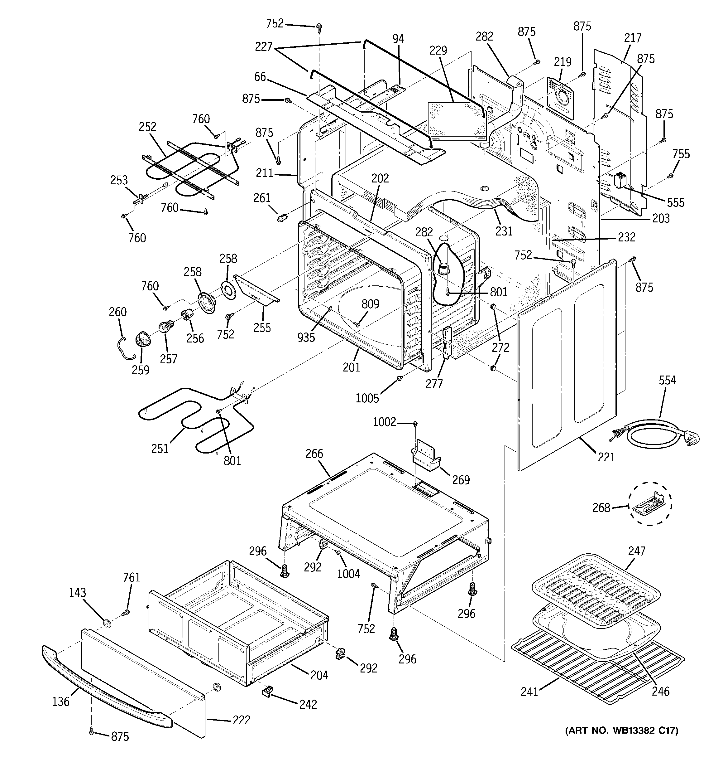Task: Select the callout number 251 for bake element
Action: [160, 449]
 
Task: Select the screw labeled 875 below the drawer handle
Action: [92, 732]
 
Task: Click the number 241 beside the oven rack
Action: [529, 692]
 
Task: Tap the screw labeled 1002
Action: [415, 423]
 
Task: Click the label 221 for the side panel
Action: [606, 457]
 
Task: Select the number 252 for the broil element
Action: [147, 127]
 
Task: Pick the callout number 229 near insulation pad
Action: [438, 51]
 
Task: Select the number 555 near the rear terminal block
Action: [676, 202]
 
